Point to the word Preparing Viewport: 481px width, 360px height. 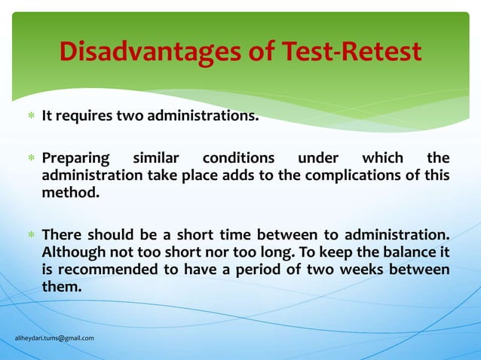point(75,159)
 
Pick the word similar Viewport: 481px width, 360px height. point(156,159)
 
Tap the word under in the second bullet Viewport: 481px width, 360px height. point(317,159)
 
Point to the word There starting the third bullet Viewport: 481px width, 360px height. point(61,234)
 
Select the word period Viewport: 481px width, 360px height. point(265,269)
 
